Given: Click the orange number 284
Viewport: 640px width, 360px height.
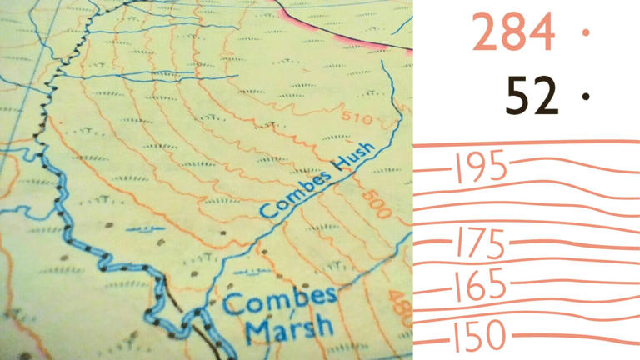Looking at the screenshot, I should [x=513, y=33].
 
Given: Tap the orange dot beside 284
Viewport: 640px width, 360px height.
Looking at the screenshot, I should [x=586, y=32].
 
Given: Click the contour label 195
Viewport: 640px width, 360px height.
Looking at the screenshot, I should [x=479, y=168].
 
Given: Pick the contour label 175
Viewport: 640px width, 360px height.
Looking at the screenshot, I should [x=480, y=245].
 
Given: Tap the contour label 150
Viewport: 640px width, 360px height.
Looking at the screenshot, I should [x=480, y=337].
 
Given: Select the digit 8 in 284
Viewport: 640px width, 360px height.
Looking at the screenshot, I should [x=513, y=33].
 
